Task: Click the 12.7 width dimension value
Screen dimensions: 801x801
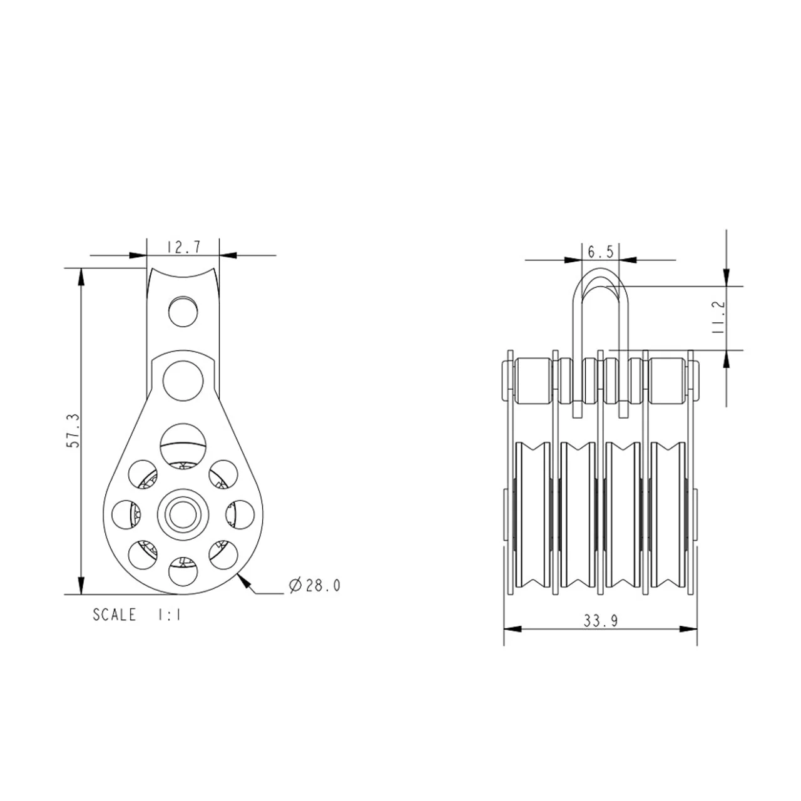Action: pyautogui.click(x=184, y=247)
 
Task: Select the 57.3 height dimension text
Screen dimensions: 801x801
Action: pyautogui.click(x=73, y=430)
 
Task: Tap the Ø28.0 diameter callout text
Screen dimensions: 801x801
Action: pyautogui.click(x=315, y=586)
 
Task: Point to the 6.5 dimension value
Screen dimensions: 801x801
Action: pyautogui.click(x=600, y=252)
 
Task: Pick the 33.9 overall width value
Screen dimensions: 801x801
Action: pyautogui.click(x=601, y=621)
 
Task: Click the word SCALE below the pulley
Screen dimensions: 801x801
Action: pyautogui.click(x=115, y=615)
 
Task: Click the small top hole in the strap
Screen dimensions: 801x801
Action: pyautogui.click(x=183, y=312)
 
